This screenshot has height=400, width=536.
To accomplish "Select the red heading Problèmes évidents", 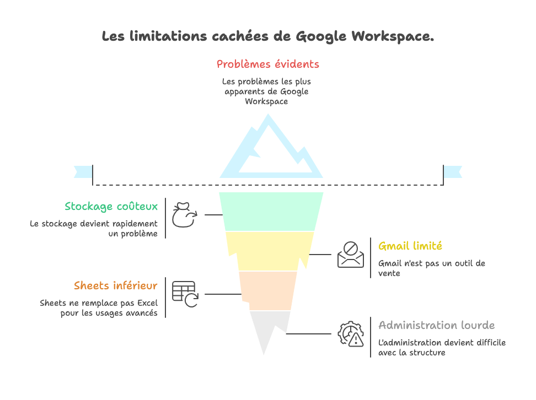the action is (x=267, y=64).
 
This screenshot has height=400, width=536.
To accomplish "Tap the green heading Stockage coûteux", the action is (x=111, y=207).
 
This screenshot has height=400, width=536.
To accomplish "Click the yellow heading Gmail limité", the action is (x=410, y=246).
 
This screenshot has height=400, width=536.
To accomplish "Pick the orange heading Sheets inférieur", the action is (x=115, y=286).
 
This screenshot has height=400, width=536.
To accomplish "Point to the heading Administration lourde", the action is (x=436, y=326).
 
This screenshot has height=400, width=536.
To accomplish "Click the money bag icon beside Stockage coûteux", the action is (x=184, y=214).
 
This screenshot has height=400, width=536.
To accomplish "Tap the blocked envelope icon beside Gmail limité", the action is (x=351, y=255).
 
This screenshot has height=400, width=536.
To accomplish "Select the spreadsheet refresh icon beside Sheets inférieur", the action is (x=185, y=294).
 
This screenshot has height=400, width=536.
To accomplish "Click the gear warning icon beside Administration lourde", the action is (x=351, y=333).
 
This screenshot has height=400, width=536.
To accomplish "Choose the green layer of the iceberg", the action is (x=270, y=211).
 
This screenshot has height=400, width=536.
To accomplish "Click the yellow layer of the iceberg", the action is (x=270, y=251).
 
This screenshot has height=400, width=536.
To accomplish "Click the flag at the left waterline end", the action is (x=83, y=172).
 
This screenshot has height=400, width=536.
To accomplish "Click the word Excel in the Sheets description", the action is (x=146, y=304).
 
